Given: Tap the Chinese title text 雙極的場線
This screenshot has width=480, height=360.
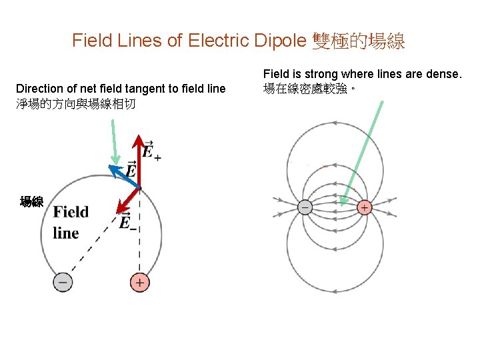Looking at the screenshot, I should (x=358, y=41).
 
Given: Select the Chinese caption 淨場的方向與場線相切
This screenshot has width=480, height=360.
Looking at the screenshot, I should (x=75, y=104).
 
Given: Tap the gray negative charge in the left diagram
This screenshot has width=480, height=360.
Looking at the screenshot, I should (x=63, y=282).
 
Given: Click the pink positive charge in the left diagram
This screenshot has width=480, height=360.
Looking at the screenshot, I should (x=139, y=282).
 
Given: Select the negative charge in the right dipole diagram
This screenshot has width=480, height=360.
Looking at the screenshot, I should (x=304, y=207).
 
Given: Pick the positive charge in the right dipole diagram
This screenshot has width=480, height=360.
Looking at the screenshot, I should (x=364, y=207).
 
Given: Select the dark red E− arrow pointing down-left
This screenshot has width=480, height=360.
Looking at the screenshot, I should (x=127, y=200).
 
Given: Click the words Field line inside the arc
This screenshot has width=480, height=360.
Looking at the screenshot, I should (x=70, y=222).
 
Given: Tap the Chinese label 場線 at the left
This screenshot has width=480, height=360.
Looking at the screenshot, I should (x=31, y=201).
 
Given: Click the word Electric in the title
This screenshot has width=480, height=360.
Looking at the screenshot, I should (x=220, y=41).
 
